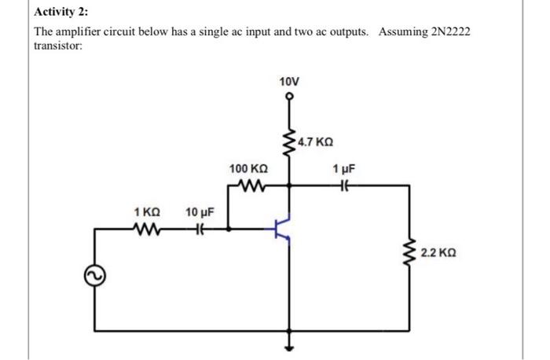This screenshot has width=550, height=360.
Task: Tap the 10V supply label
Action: pyautogui.click(x=289, y=82)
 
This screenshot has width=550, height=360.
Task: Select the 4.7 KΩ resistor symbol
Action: pyautogui.click(x=289, y=143)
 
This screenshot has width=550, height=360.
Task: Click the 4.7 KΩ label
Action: pyautogui.click(x=316, y=143)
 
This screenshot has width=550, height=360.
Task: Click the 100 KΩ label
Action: pyautogui.click(x=248, y=170)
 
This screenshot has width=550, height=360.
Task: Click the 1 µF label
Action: pyautogui.click(x=343, y=170)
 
